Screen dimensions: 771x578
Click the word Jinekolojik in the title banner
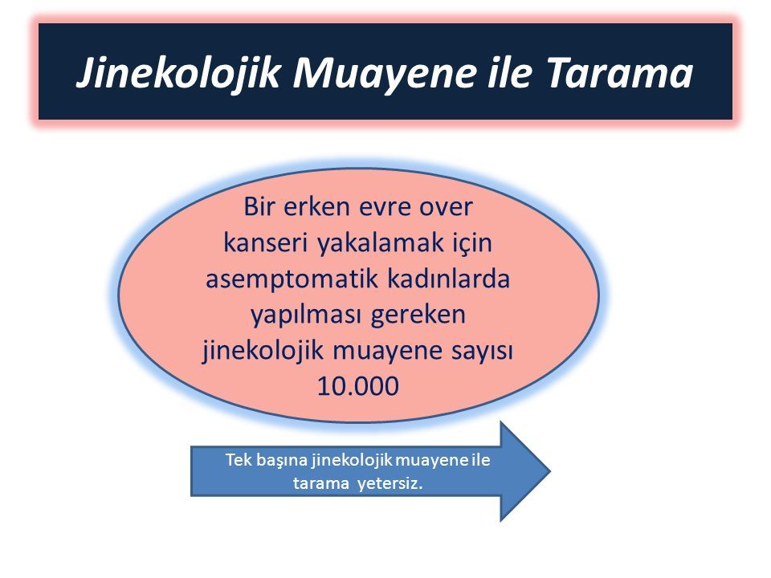178,74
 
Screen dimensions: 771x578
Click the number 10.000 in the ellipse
358,386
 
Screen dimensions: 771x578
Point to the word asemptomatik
292,279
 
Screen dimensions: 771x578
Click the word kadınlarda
448,279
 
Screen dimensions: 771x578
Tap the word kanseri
266,242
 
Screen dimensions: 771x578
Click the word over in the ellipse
446,208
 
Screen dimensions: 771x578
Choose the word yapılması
305,315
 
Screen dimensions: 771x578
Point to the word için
472,243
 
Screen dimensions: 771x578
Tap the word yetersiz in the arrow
390,484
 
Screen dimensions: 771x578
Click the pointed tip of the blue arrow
550,471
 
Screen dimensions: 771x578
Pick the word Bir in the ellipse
259,206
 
